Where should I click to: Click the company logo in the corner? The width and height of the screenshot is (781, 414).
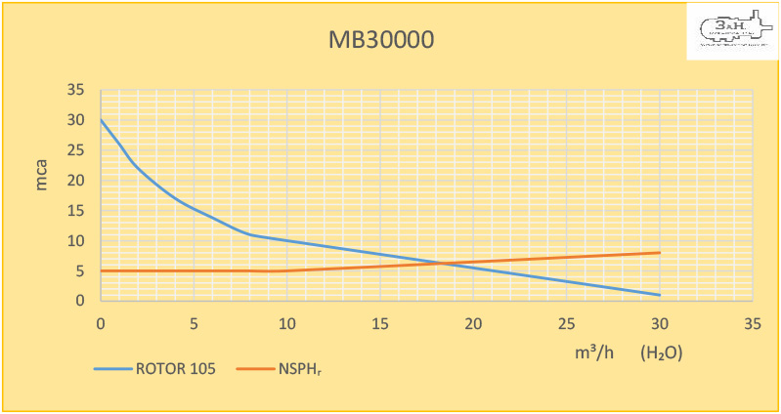pos(732,31)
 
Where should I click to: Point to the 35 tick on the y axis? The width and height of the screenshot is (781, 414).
pos(76,91)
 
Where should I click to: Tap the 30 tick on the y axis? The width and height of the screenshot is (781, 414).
pos(76,121)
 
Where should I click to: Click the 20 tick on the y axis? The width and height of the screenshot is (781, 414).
pos(76,181)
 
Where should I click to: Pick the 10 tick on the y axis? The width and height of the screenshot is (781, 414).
pos(76,241)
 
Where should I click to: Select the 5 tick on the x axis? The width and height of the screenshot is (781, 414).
pos(194,322)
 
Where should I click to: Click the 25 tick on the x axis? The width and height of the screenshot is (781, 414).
pos(566,322)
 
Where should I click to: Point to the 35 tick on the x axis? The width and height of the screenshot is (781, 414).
pos(752,322)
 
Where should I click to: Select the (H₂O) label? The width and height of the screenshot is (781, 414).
pos(661,352)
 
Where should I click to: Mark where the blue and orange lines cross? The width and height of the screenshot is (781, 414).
pos(442,263)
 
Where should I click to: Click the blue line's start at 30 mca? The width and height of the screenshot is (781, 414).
pos(101,120)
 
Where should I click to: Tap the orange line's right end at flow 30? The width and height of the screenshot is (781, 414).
pos(660,252)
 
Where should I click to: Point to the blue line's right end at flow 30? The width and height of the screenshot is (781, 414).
pos(660,295)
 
